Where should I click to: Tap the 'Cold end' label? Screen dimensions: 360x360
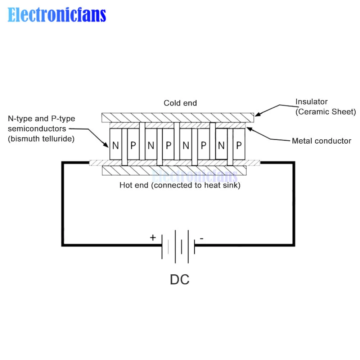[180, 103]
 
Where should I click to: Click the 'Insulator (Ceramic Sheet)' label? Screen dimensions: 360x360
[325, 107]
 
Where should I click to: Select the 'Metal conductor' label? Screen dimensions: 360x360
[321, 141]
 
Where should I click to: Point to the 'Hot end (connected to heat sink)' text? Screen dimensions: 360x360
[180, 185]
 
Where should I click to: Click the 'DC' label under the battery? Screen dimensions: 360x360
[180, 280]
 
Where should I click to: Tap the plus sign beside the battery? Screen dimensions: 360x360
[153, 238]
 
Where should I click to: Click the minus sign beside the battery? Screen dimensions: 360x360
[202, 238]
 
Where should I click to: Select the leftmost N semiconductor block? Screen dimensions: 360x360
[116, 145]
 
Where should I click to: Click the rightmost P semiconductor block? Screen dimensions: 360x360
[239, 145]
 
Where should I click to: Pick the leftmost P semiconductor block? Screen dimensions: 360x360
[133, 145]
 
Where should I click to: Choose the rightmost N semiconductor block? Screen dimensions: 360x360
[221, 145]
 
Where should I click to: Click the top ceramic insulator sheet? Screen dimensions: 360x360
[178, 118]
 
